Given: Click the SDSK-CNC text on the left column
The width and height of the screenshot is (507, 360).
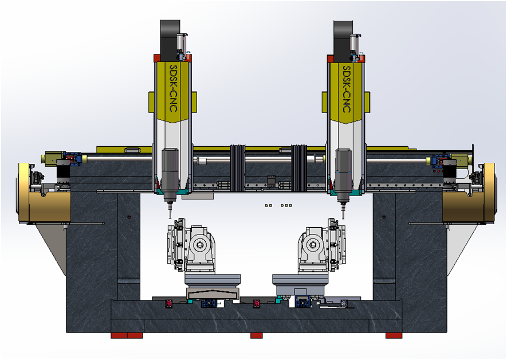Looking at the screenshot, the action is tap(174, 88).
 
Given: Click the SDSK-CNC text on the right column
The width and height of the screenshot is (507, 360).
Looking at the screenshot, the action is tap(346, 89).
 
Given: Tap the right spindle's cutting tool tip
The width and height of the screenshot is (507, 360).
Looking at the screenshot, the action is tap(343, 218).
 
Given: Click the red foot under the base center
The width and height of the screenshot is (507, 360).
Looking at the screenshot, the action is tap(257, 336).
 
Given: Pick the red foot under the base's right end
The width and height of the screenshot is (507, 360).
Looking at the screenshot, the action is tap(394, 336).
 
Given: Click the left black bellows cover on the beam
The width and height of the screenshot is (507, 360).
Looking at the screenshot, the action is tap(237, 168).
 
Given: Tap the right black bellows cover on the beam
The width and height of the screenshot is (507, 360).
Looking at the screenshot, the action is tap(299, 168).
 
